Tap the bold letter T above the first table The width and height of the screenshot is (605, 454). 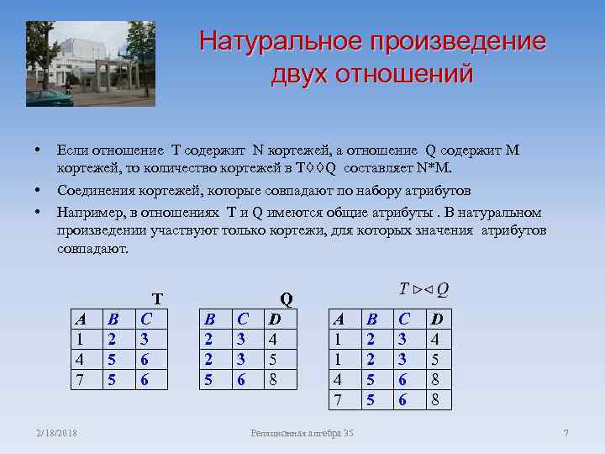tap(156, 298)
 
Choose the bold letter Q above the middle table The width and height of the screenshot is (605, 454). tap(286, 298)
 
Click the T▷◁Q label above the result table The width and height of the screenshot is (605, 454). tap(423, 289)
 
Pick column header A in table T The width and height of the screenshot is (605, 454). tap(81, 319)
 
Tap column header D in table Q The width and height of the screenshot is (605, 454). tap(273, 319)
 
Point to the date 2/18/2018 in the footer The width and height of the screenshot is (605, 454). tap(56, 433)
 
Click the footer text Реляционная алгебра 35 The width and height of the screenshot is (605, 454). tap(302, 433)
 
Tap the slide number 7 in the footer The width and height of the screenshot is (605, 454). tap(566, 433)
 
